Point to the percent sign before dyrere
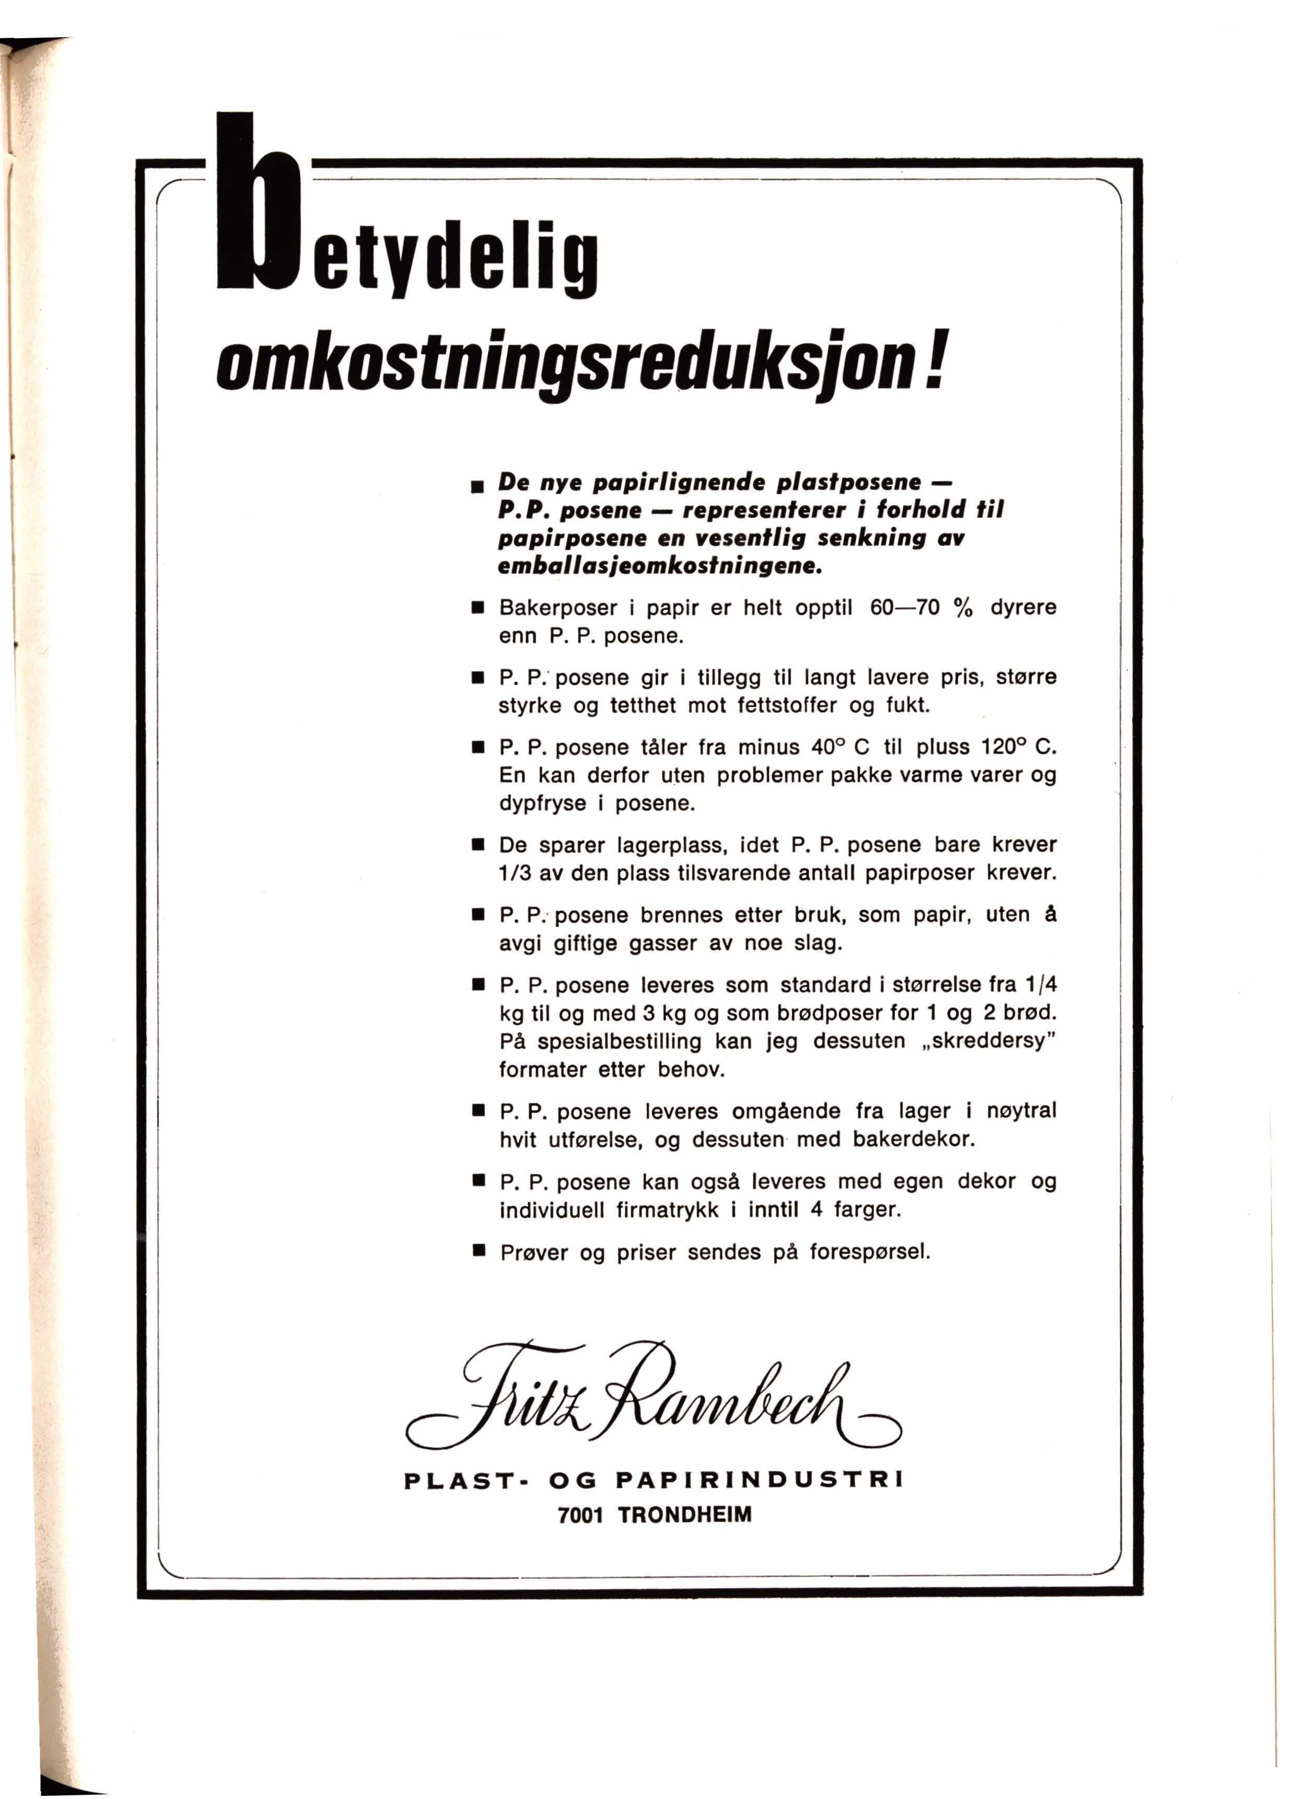(x=963, y=608)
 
